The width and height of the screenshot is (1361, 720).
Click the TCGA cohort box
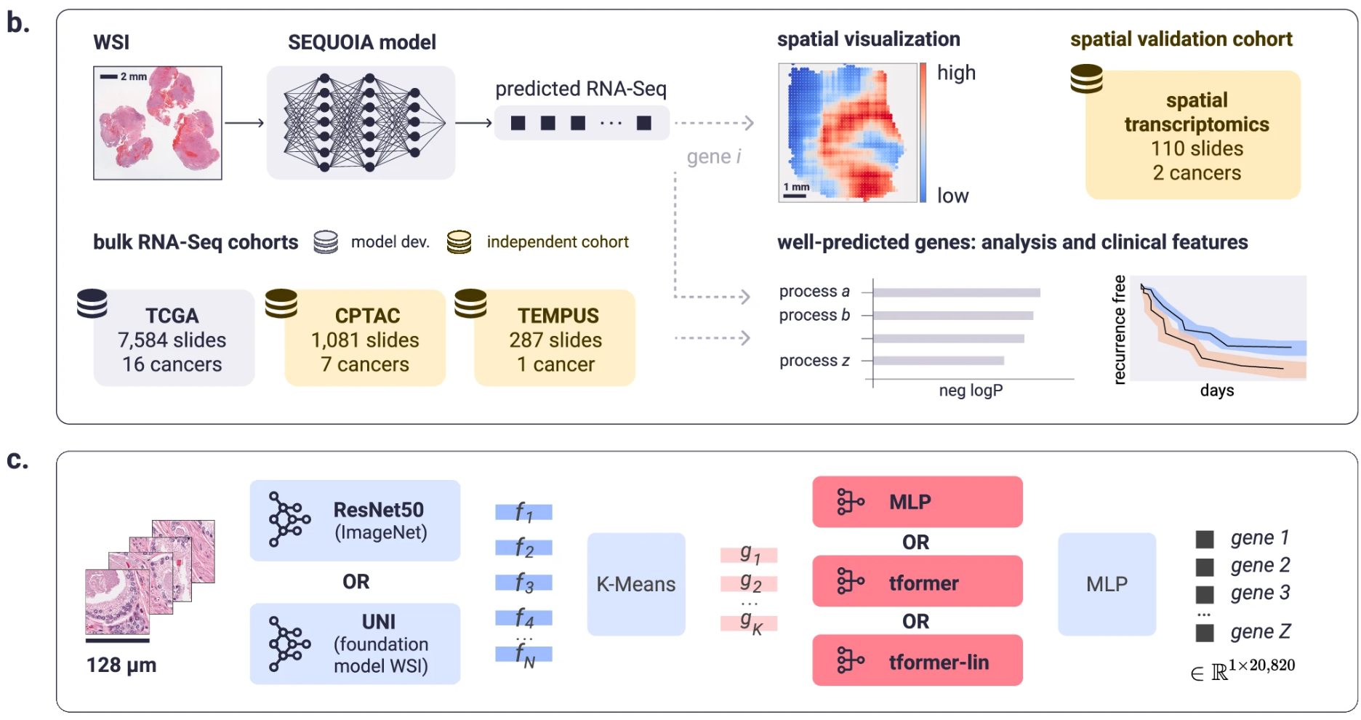173,339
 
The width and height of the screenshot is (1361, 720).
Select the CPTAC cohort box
365,339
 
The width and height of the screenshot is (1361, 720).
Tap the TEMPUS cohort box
555,339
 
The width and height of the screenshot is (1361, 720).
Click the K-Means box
635,584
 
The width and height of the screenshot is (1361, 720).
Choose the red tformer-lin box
917,661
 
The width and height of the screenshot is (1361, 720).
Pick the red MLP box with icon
917,502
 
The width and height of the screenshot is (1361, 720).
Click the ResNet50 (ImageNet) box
355,521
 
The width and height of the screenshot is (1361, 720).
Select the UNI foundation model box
355,644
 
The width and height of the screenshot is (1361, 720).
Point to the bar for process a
956,292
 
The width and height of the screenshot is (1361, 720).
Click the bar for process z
938,361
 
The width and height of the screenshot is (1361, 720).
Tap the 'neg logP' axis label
971,391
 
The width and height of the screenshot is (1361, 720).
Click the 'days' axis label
1216,391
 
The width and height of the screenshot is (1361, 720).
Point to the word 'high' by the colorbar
956,73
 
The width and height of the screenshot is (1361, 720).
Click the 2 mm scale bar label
133,76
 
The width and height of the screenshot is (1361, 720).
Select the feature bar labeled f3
523,583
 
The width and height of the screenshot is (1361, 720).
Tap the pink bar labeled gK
749,623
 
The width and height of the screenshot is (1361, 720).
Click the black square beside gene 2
1205,567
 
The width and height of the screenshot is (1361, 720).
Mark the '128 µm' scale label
121,665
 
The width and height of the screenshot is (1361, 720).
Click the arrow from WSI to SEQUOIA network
244,123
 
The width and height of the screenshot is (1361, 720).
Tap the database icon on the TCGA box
92,303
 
